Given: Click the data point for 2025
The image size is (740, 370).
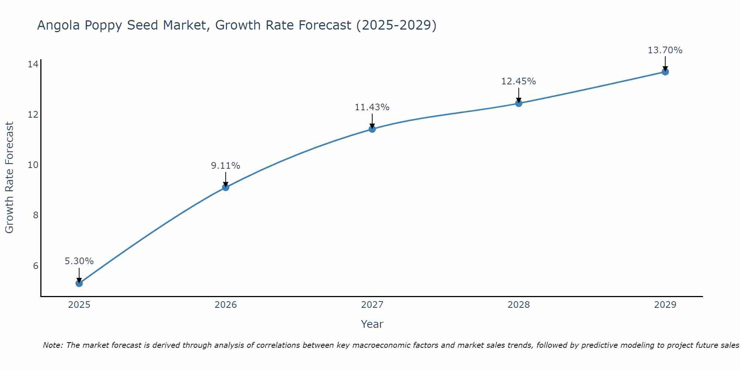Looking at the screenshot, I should (x=79, y=283).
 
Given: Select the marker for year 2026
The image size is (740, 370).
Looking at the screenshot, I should (x=226, y=188).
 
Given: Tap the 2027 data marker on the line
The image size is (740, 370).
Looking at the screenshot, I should (x=372, y=129).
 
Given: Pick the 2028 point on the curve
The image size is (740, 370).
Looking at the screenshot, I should (x=519, y=103).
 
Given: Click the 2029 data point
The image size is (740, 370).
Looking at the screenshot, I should (x=665, y=72).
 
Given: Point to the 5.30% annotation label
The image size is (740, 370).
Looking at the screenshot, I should (x=79, y=261).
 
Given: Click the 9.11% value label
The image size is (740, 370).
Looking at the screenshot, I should (x=226, y=166).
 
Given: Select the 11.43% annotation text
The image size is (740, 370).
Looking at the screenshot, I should (x=372, y=107).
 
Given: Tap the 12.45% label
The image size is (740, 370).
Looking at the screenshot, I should (x=519, y=81).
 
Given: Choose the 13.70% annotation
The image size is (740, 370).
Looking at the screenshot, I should (x=665, y=50).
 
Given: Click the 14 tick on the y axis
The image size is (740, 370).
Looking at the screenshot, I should (x=33, y=64).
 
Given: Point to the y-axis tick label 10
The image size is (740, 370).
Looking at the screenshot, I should (x=33, y=165).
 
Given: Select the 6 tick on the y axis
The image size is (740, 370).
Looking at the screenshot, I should (x=36, y=266).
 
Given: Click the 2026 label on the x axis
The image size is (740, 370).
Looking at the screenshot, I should (x=226, y=305).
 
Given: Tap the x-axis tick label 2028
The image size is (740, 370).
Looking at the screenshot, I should (x=519, y=305).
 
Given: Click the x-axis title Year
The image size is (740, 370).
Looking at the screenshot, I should (x=372, y=324).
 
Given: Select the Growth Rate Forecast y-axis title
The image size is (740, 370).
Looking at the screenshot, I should (x=10, y=178).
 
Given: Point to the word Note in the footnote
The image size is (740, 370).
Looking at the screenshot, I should (x=53, y=345).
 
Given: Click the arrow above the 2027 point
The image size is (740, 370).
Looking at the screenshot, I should (x=372, y=121).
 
